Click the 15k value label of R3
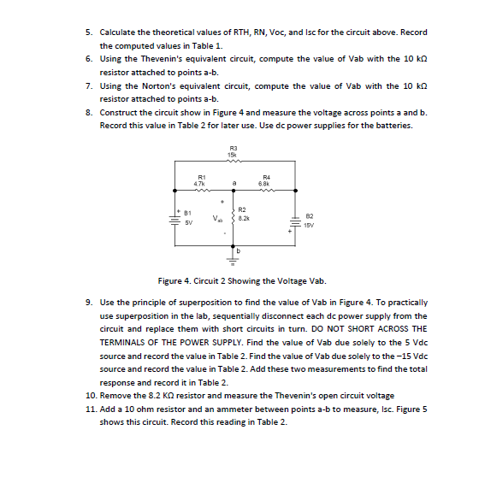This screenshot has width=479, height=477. [x=232, y=154]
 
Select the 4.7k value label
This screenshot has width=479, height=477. [x=198, y=183]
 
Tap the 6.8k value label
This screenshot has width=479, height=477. [x=265, y=183]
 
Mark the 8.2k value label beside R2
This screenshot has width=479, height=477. [x=243, y=219]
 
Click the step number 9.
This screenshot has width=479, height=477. [x=90, y=303]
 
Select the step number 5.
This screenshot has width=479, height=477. [x=90, y=31]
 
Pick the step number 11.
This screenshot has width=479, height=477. [x=92, y=410]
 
